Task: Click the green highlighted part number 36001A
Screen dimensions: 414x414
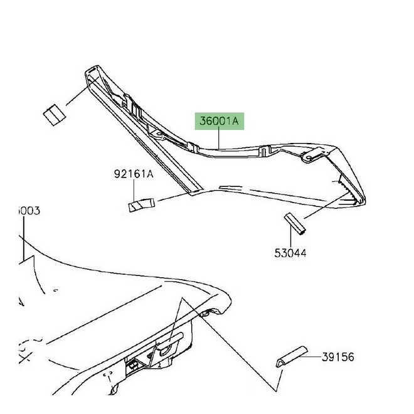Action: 220,120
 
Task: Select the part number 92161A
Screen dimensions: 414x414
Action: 133,175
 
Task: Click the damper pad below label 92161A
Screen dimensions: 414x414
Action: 141,204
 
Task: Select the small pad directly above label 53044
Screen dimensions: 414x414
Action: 295,224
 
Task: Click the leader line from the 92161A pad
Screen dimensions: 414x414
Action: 172,198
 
